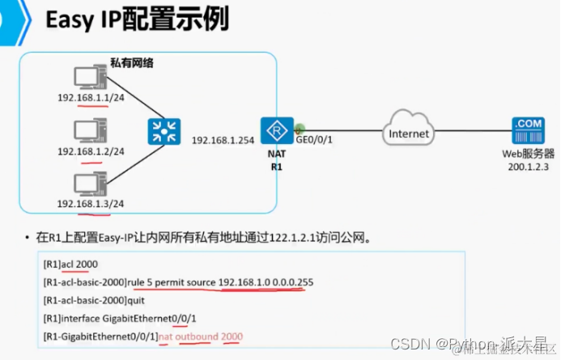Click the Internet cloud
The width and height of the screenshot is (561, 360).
[x=409, y=133]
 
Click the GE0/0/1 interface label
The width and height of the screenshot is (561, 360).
[x=315, y=140]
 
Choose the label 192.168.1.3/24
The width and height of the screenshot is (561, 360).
[x=91, y=202]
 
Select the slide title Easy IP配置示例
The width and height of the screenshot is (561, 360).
[x=138, y=21]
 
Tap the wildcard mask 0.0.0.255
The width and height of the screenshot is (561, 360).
[x=294, y=282]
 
